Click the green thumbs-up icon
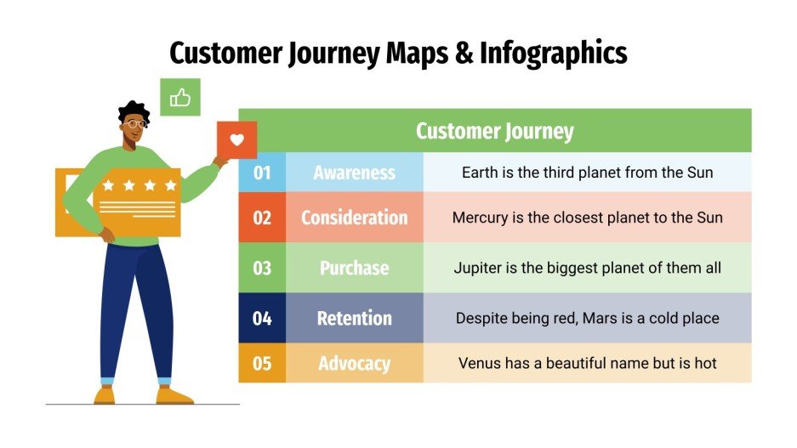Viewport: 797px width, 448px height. tap(179, 98)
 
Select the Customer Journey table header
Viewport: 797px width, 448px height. tap(494, 131)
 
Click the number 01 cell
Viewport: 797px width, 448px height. tap(262, 173)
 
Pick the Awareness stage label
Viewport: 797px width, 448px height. tap(354, 173)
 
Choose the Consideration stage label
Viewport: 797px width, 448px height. tap(354, 218)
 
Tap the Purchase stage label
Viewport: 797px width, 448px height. tap(354, 268)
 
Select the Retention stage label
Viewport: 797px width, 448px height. tap(354, 318)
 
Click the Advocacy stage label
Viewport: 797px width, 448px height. tap(354, 363)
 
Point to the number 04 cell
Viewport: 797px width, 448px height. tap(262, 318)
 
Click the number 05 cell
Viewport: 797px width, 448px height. tap(262, 363)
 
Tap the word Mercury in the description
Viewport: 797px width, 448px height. tap(481, 218)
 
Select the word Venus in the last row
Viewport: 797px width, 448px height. tap(479, 363)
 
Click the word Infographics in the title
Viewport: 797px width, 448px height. tap(553, 53)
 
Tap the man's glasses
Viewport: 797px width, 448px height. tap(134, 124)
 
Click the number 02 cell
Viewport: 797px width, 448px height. tap(262, 218)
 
